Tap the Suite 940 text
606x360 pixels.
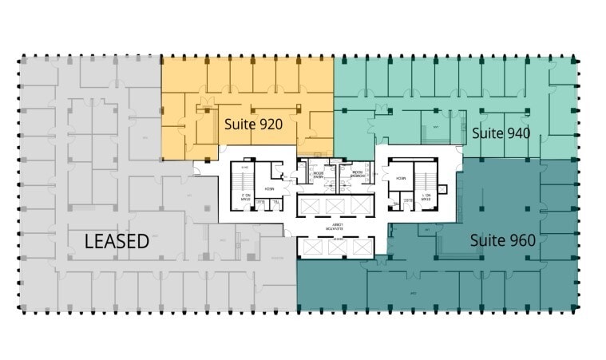[501, 133]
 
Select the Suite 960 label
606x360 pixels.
[502, 239]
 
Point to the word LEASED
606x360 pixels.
[117, 241]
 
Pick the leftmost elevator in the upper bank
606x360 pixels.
[311, 206]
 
